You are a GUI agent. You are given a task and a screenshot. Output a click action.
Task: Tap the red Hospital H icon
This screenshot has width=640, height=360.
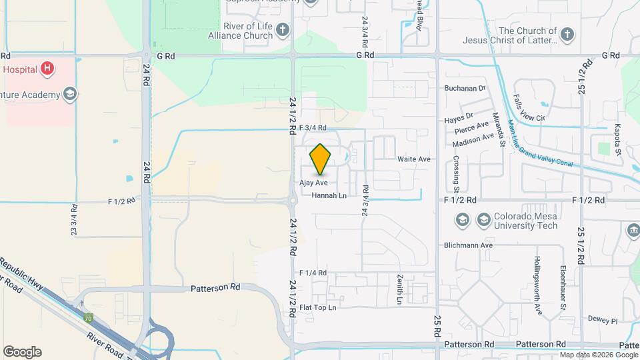[x=47, y=68]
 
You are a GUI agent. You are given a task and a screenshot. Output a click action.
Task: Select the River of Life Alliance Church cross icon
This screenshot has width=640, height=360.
[x=283, y=30]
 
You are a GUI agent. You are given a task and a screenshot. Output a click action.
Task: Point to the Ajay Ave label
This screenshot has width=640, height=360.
[x=313, y=182]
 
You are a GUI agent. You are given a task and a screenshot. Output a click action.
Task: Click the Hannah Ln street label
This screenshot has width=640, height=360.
[x=329, y=195]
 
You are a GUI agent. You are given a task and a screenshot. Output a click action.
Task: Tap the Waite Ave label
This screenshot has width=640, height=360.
[x=414, y=159]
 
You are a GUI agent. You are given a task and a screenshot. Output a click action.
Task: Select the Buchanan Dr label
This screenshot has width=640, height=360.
[x=465, y=88]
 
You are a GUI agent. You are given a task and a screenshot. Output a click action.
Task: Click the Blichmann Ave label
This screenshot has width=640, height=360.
[x=468, y=245]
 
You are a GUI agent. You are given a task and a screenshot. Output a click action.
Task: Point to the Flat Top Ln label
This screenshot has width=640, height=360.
[x=318, y=307]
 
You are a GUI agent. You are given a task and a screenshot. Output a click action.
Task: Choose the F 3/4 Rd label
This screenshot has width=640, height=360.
[x=313, y=127]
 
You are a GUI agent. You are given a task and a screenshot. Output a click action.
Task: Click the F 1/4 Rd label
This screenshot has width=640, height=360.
[x=313, y=273]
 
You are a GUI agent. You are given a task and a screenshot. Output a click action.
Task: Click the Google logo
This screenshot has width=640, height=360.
[x=22, y=352]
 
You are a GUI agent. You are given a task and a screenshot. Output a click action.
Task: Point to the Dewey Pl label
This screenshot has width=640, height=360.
[x=603, y=320]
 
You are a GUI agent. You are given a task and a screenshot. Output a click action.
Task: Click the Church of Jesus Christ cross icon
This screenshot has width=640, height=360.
[x=567, y=35]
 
